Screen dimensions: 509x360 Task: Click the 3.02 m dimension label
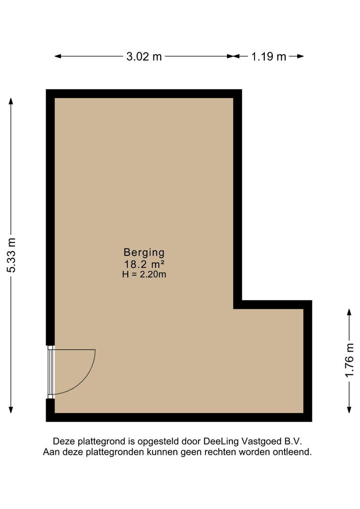144,57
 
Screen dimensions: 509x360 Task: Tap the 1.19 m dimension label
269,57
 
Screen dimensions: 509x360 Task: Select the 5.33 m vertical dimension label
11,255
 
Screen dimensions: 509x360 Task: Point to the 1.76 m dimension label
349,361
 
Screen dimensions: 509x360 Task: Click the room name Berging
144,252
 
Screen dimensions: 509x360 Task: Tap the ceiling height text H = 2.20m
144,275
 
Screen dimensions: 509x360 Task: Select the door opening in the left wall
51,372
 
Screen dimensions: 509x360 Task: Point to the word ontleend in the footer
294,452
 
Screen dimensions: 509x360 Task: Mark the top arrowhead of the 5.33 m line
11,100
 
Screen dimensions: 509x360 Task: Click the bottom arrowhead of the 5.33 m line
11,410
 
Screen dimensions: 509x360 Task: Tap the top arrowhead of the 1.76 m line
349,312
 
